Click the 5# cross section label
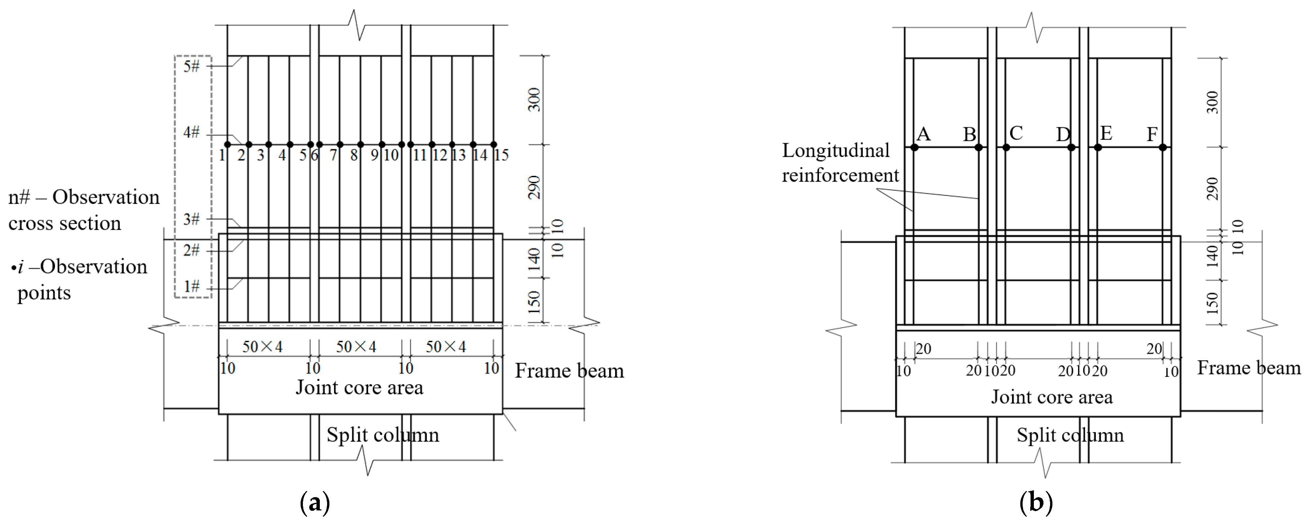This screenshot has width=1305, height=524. [x=191, y=66]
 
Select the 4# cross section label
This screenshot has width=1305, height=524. [x=191, y=133]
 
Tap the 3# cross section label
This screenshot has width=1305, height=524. [x=191, y=219]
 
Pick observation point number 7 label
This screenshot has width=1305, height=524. [x=333, y=155]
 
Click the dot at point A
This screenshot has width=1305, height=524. [x=914, y=147]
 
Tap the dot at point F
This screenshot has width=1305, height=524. [x=1163, y=147]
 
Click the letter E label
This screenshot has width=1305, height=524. [x=1106, y=133]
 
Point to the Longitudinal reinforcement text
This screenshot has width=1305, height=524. [x=840, y=163]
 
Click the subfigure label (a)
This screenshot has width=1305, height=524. [x=315, y=503]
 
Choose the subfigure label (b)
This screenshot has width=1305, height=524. [x=1036, y=503]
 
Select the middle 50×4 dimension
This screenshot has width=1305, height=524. [x=356, y=347]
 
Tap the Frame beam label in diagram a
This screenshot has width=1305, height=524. [x=569, y=371]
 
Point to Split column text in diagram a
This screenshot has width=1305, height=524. [x=382, y=435]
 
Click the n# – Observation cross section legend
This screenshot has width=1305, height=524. [x=83, y=210]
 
